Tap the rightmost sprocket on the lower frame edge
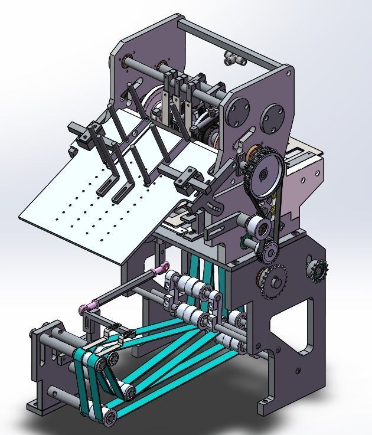click(318, 270)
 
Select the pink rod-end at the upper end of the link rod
click(159, 271)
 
